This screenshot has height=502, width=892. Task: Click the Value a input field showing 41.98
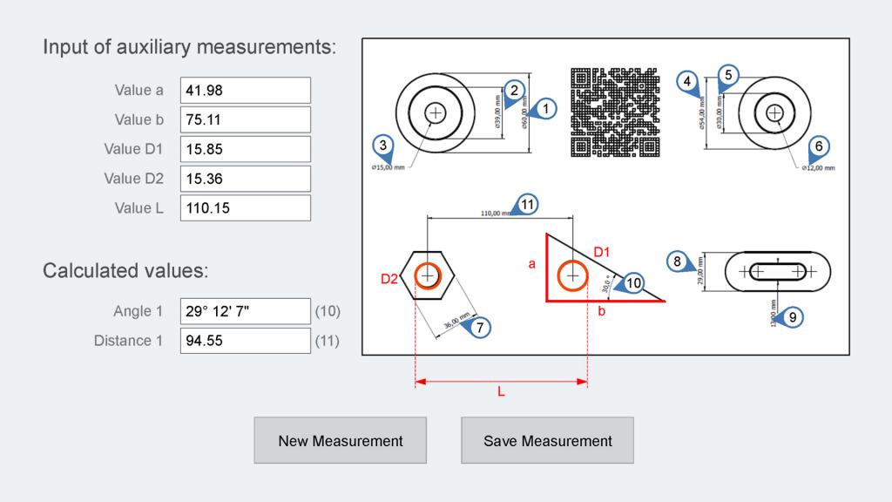coord(245,90)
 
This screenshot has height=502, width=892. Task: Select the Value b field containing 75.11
coord(245,119)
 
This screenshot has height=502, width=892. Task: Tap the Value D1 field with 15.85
coord(245,149)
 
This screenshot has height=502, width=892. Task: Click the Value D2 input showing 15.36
coord(245,179)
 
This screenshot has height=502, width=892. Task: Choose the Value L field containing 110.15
coord(245,208)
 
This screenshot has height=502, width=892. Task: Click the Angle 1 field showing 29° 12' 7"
coord(245,311)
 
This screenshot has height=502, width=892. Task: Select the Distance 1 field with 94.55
coord(245,341)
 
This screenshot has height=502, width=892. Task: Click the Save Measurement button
coord(547,440)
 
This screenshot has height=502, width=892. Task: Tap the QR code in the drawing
coord(614,112)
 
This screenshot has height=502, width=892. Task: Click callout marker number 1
coord(545,109)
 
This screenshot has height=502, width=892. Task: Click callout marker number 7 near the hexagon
coord(479,328)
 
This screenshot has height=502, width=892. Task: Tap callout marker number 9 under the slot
coord(792,318)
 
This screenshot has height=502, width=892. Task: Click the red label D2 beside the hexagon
coord(389,279)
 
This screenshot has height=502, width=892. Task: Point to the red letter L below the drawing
coord(501,392)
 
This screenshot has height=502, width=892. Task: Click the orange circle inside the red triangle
coord(572,276)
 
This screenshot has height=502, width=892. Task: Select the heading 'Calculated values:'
coord(125,271)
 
